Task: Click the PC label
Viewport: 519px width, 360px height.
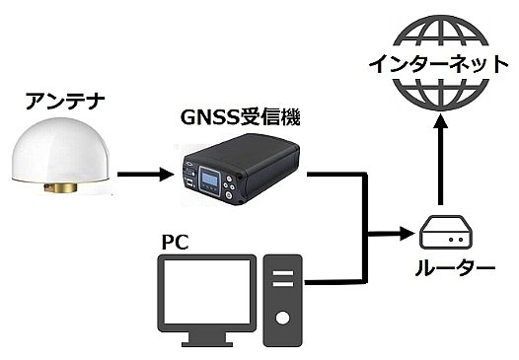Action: [173, 241]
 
